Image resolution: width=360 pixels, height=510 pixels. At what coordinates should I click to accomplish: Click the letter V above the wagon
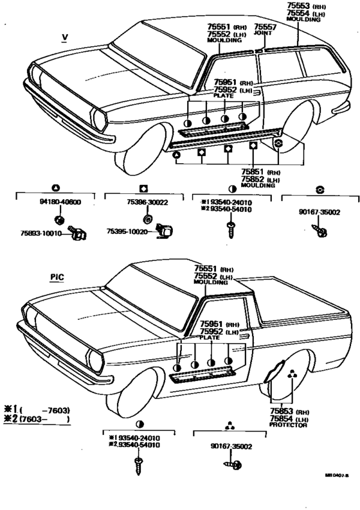pyautogui.click(x=64, y=36)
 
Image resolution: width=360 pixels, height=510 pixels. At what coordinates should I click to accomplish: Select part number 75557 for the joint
pyautogui.click(x=264, y=26)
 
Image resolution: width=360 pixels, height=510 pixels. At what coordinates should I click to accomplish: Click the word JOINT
pyautogui.click(x=263, y=33)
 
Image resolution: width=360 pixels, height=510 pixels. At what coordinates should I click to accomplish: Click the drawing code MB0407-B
pyautogui.click(x=336, y=494)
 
